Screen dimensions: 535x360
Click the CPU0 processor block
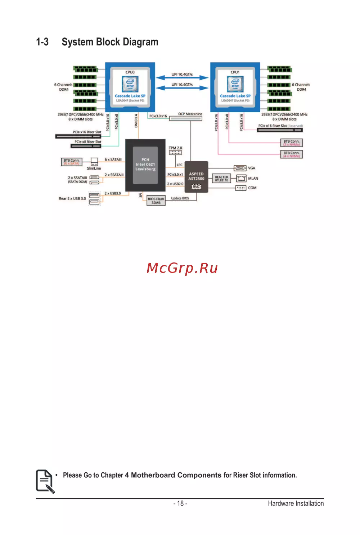point(130,87)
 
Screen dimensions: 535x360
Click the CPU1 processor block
point(235,87)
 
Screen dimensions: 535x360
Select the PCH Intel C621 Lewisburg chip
point(145,165)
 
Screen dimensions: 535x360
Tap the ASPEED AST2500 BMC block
point(196,177)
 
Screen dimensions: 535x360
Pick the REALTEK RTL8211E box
point(221,179)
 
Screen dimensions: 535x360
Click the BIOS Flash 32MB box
point(156,201)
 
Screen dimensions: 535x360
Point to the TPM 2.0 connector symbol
point(175,153)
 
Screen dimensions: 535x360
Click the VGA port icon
point(240,168)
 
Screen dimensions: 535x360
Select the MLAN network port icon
point(241,178)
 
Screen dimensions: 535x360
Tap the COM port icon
point(240,188)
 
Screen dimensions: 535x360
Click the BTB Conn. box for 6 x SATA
point(72,162)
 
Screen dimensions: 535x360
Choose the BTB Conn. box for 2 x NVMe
point(291,143)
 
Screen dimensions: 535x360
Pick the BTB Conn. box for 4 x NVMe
point(291,154)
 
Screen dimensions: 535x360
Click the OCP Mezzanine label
point(190,114)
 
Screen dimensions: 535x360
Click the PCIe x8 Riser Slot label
point(88,142)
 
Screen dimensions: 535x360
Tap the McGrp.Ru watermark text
point(182,268)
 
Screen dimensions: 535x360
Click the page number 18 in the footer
point(180,503)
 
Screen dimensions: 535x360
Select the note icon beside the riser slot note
point(45,481)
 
